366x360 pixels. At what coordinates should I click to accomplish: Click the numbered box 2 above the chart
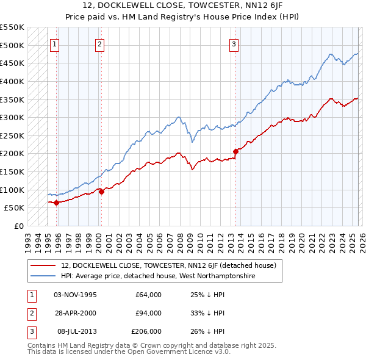click(x=99, y=43)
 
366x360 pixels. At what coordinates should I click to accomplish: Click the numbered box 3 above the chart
click(x=234, y=43)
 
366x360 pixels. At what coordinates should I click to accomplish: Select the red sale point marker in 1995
click(x=56, y=203)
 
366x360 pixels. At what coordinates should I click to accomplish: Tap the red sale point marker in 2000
click(x=101, y=192)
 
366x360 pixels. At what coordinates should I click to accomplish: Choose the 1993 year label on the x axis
click(x=28, y=239)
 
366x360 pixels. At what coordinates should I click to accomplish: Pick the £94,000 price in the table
click(x=148, y=313)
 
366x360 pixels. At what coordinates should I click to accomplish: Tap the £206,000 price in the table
click(x=146, y=331)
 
